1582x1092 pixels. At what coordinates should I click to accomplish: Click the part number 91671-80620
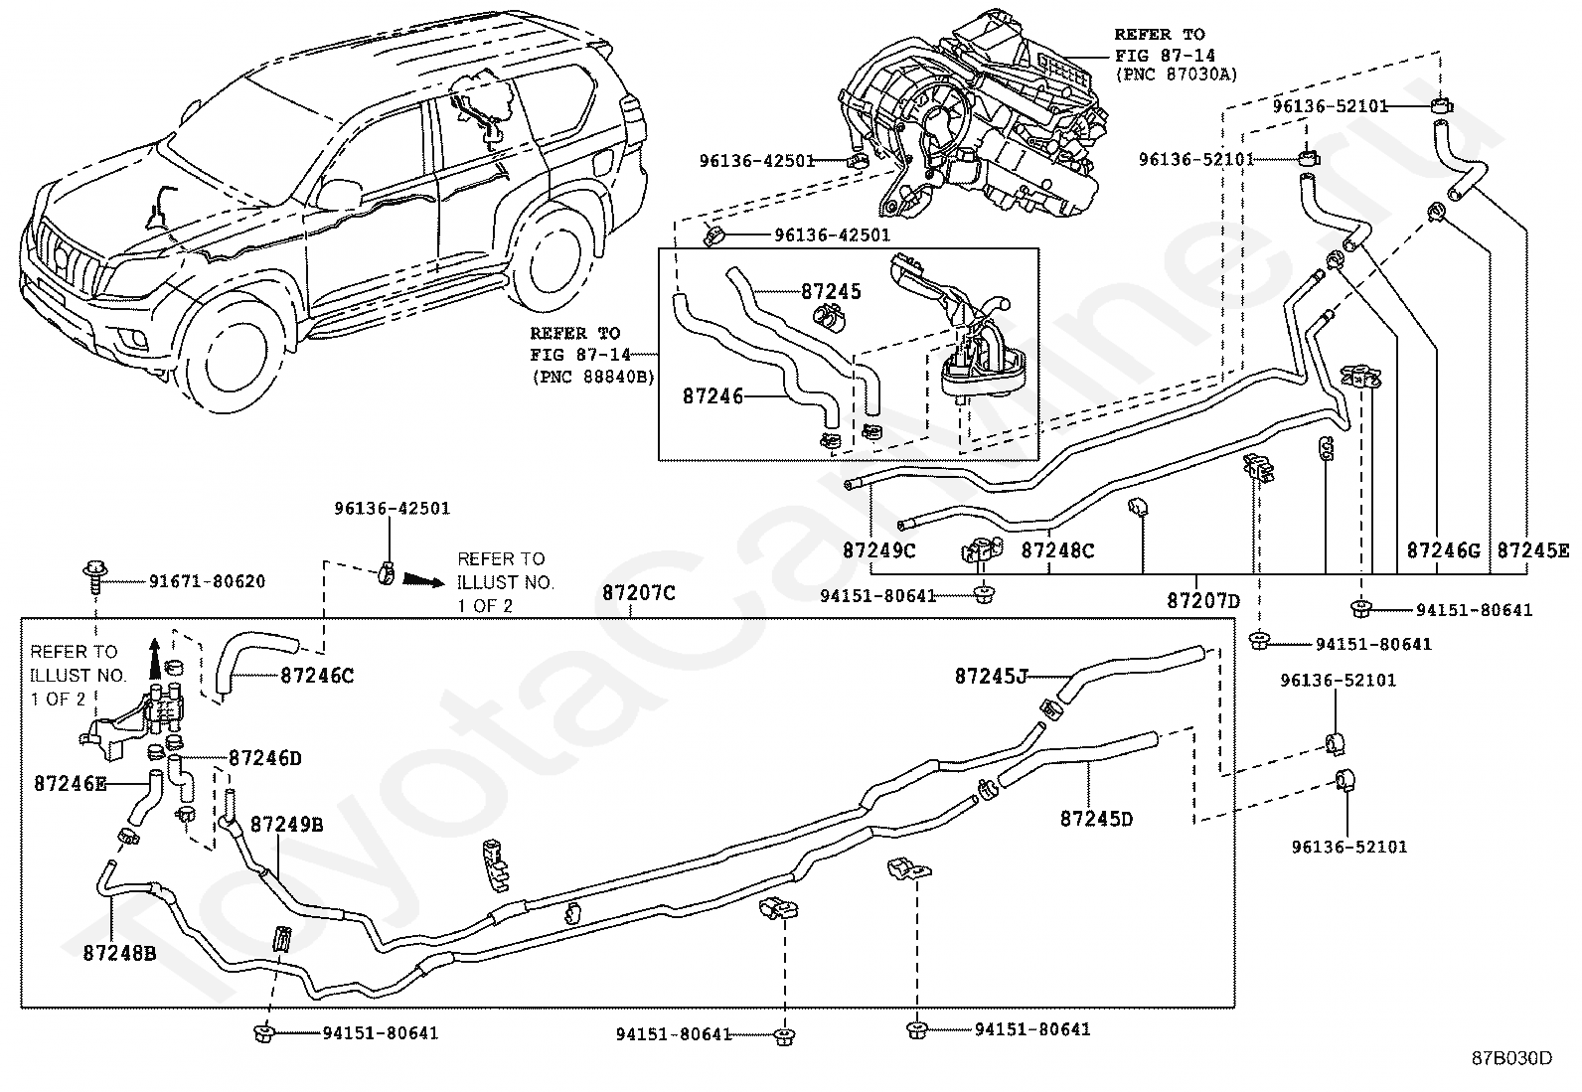click(207, 581)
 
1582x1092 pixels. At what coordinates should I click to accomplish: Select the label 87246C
click(317, 676)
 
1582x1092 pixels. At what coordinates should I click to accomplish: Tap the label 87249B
click(286, 825)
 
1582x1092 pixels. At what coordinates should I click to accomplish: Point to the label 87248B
click(119, 953)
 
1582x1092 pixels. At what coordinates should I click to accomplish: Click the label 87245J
click(991, 676)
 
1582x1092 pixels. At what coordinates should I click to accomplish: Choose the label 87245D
click(1096, 819)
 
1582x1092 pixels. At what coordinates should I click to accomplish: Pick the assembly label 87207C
click(638, 593)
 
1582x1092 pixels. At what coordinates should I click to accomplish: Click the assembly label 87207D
click(1203, 601)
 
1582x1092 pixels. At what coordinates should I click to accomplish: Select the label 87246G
click(1443, 549)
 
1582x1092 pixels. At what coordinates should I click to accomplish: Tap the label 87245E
click(1533, 549)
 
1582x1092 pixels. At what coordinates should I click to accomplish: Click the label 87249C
click(879, 549)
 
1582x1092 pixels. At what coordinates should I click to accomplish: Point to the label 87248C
click(1057, 549)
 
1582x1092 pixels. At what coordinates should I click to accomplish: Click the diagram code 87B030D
click(1511, 1058)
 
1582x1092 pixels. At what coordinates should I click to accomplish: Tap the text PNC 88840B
click(592, 377)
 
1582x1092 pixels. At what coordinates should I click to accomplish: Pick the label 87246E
click(71, 783)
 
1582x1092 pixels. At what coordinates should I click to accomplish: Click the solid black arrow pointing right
click(419, 578)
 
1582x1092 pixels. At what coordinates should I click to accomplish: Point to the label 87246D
click(264, 758)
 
